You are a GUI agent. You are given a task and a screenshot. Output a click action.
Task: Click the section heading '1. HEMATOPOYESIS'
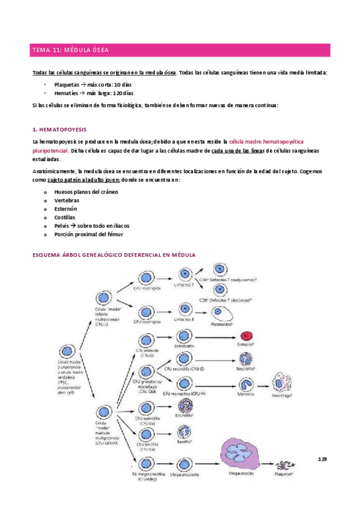tap(59, 129)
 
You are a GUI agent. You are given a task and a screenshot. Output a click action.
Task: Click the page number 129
tap(322, 459)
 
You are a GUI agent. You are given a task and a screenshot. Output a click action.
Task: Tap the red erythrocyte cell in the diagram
tap(246, 336)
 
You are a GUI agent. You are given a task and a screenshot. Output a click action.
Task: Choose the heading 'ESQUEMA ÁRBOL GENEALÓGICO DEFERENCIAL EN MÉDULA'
tap(114, 254)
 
